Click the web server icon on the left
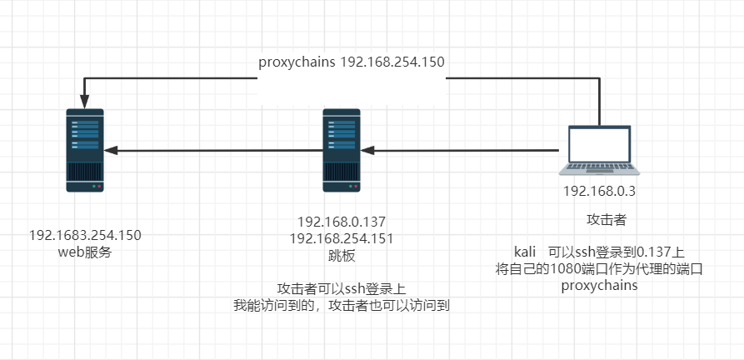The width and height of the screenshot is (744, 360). (x=86, y=151)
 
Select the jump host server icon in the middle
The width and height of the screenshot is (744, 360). (x=342, y=151)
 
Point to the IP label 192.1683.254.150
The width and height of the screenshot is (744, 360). (x=86, y=235)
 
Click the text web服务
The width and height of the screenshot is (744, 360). (x=86, y=252)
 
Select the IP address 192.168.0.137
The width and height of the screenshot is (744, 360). (x=342, y=222)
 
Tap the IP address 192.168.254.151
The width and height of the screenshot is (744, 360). (x=342, y=238)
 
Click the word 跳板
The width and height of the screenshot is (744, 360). (x=342, y=255)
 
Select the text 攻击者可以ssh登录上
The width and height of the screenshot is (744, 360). (x=342, y=289)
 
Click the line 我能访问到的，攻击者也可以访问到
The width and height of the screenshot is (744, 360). (x=342, y=306)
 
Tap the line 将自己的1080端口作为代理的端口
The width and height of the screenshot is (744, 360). (x=599, y=268)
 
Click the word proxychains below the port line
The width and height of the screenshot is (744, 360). (x=600, y=285)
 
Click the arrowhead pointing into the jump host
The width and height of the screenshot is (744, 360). (x=369, y=151)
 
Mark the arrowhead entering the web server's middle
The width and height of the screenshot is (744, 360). (x=110, y=151)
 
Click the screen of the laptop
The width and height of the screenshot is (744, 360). (x=600, y=144)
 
